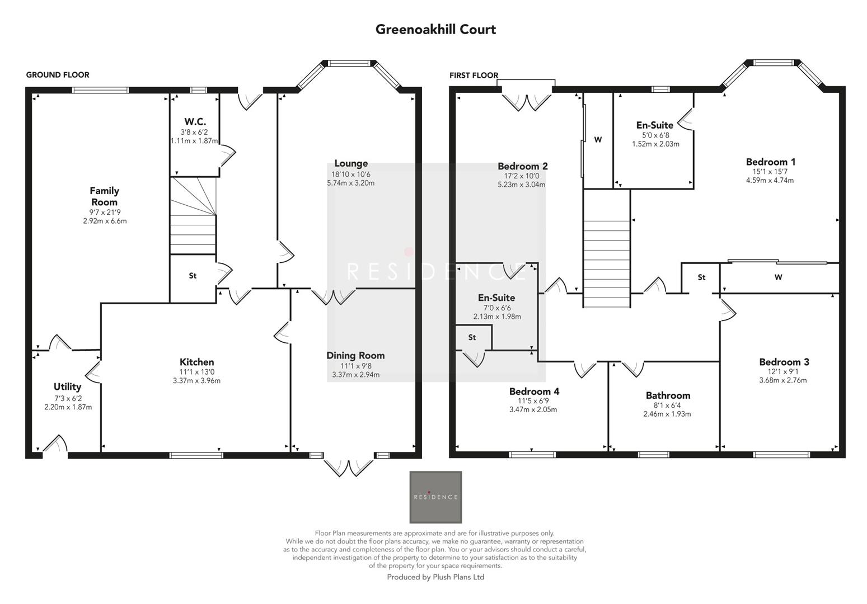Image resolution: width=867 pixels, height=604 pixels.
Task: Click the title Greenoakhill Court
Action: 435,29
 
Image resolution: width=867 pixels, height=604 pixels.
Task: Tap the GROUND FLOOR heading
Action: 58,75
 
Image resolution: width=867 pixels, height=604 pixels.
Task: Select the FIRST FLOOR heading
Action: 474,75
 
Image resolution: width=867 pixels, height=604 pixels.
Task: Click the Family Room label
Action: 104,196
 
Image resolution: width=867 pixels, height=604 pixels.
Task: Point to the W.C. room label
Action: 195,121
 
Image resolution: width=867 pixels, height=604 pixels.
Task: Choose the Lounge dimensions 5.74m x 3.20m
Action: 351,183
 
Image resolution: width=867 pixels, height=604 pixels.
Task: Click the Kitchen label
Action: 196,362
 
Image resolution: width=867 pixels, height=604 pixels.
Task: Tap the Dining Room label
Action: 355,355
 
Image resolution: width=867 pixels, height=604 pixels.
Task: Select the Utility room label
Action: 67,386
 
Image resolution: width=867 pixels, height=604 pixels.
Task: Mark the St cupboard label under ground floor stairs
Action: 193,276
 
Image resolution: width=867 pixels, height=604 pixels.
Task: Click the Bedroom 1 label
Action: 770,162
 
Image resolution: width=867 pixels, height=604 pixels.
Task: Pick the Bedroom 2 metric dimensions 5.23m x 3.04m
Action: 522,185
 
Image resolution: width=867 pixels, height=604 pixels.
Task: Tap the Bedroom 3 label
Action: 784,362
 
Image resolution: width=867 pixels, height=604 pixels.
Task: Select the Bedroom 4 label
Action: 533,391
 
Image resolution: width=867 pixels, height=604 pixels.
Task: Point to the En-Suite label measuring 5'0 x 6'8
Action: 654,125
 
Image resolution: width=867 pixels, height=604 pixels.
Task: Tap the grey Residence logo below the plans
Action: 435,497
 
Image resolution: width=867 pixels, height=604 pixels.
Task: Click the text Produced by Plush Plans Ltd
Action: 435,577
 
